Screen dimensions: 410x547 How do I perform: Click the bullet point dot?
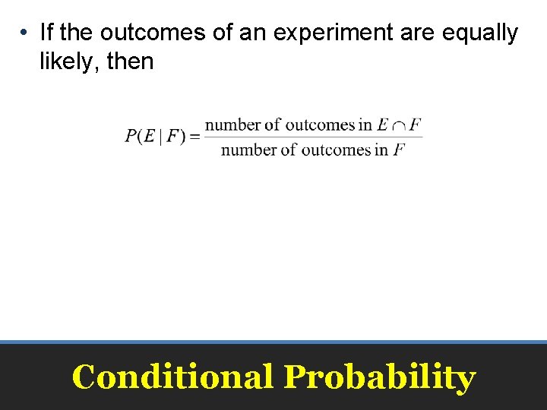(x=25, y=33)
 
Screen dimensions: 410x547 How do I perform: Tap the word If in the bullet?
(x=46, y=33)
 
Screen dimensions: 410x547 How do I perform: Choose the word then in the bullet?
(x=131, y=61)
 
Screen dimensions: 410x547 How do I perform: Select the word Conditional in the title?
(x=172, y=377)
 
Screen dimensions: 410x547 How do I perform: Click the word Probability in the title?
(x=379, y=377)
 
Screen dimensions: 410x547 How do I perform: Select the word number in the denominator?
(x=248, y=150)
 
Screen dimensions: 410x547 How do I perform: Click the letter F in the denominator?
(x=399, y=150)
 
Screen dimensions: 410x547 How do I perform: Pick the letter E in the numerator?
(x=382, y=125)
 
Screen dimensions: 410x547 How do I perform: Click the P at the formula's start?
(x=131, y=137)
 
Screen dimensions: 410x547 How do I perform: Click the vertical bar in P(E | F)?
(x=160, y=137)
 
